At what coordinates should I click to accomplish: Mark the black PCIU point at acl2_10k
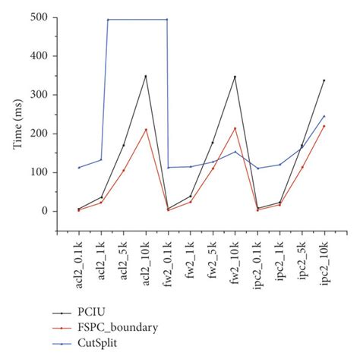(x=146, y=76)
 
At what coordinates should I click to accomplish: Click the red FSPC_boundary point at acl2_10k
(x=146, y=130)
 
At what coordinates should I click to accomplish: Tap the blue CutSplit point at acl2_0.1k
(x=79, y=168)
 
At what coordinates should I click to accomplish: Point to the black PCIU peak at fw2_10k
(x=235, y=77)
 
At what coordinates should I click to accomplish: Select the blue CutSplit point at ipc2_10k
(x=324, y=116)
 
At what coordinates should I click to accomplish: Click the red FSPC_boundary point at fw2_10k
(x=235, y=128)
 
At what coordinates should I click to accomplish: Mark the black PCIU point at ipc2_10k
(x=324, y=80)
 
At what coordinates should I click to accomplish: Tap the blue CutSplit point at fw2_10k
(x=235, y=152)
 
